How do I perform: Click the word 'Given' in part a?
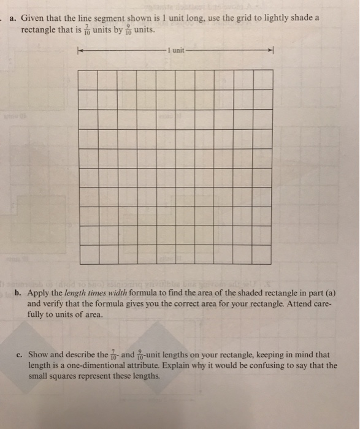(32, 18)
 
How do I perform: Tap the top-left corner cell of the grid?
(89, 80)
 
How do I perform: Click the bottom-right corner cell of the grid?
(262, 254)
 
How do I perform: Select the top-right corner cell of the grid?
(262, 80)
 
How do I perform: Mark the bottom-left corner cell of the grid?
(89, 254)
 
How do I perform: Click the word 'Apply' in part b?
(38, 293)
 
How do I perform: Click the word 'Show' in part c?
(38, 355)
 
